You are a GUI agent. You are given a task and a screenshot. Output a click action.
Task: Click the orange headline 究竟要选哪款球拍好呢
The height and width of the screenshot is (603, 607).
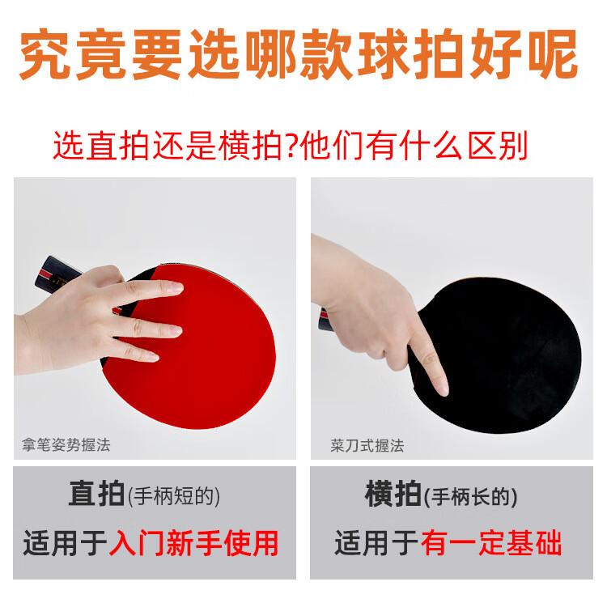pyautogui.click(x=299, y=54)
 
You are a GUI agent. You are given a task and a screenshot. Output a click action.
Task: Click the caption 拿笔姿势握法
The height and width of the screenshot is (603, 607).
pyautogui.click(x=66, y=444)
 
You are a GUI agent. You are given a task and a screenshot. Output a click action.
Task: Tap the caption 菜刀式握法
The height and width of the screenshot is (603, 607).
pyautogui.click(x=367, y=446)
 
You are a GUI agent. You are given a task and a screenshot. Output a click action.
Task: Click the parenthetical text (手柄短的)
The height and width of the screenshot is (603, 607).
pyautogui.click(x=174, y=496)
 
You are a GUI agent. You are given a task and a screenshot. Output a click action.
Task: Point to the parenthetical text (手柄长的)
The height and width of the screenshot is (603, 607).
pyautogui.click(x=471, y=497)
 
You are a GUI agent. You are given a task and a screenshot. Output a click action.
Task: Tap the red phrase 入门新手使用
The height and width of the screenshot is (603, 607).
pyautogui.click(x=193, y=542)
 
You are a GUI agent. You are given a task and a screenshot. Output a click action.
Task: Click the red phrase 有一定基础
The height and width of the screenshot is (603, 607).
pyautogui.click(x=491, y=542)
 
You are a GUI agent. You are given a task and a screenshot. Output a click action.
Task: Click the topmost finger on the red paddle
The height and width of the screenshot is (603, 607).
pyautogui.click(x=151, y=288)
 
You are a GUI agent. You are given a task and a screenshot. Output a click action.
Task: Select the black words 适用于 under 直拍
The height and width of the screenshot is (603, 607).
pyautogui.click(x=65, y=542)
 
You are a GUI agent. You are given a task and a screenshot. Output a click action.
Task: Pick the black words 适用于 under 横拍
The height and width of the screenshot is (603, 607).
pyautogui.click(x=376, y=542)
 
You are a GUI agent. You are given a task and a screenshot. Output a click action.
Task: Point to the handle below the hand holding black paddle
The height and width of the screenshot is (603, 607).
pyautogui.click(x=325, y=320)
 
